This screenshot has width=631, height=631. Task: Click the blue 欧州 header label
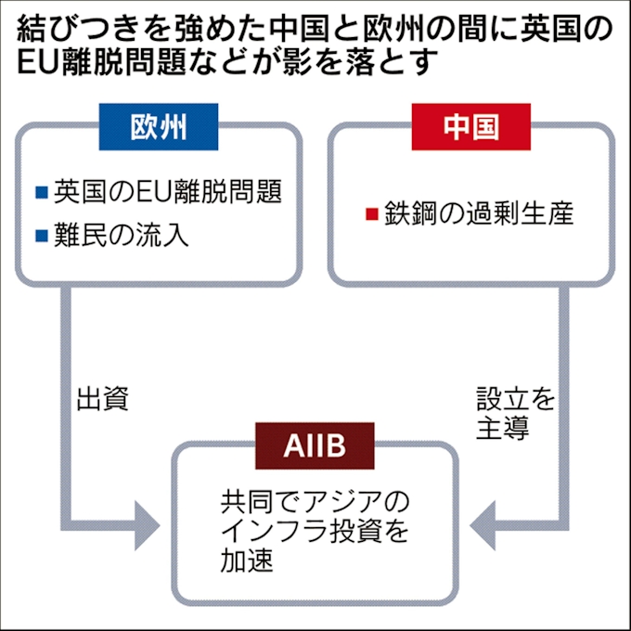(x=159, y=127)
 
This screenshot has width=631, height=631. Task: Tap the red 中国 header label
(x=470, y=127)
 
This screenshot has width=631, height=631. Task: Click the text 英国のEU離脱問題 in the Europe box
(x=167, y=193)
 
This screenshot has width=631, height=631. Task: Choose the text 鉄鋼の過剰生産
(x=480, y=214)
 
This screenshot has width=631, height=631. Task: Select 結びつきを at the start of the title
(x=93, y=29)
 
